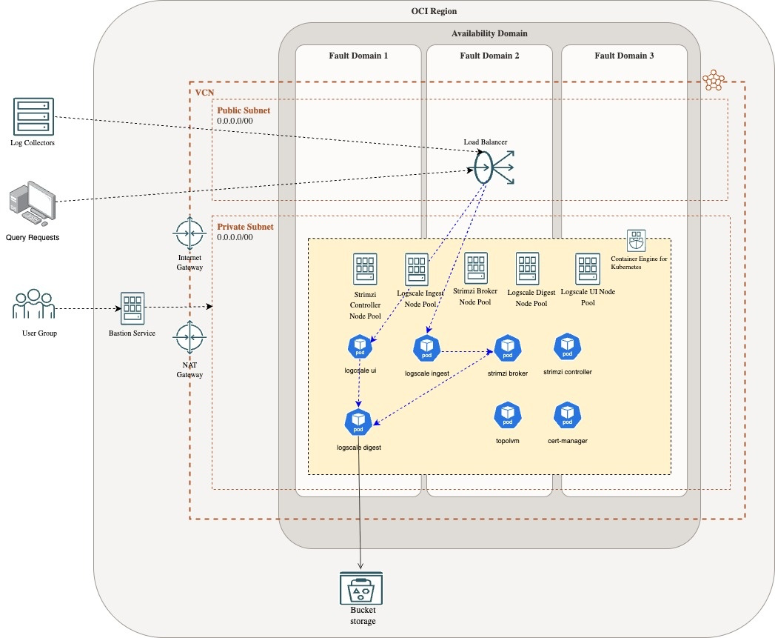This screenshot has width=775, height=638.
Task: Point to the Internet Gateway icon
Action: [189, 233]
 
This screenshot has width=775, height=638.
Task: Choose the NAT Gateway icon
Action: [189, 338]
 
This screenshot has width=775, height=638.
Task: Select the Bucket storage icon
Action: [360, 591]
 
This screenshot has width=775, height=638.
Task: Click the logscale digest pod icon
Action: [358, 422]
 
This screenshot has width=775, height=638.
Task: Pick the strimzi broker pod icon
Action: [507, 348]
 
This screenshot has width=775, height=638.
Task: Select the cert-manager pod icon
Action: [567, 415]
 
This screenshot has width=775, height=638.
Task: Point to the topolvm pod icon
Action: [507, 415]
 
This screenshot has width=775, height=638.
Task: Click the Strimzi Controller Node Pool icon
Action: [365, 268]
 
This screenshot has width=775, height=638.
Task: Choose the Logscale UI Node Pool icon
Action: [587, 268]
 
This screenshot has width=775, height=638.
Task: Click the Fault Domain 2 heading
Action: [489, 56]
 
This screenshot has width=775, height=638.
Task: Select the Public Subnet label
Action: [243, 110]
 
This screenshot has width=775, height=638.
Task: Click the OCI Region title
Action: [434, 11]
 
